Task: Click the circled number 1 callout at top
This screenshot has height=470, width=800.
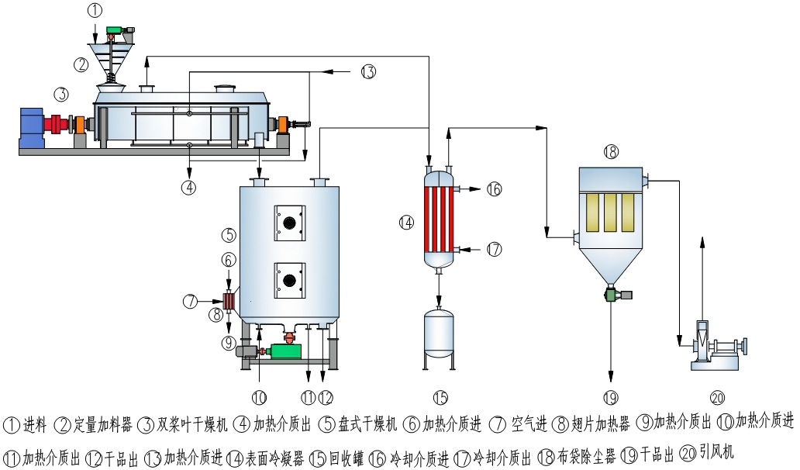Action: (x=95, y=11)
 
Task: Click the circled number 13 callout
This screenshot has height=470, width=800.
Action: (x=367, y=72)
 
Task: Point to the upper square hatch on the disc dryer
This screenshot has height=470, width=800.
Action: (x=290, y=223)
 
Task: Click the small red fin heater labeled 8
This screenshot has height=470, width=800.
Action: (x=230, y=300)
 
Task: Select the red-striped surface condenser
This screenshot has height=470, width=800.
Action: (x=440, y=218)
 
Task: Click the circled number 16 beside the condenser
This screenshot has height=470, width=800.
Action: (x=495, y=189)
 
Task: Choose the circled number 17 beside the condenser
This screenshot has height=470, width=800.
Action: (x=495, y=249)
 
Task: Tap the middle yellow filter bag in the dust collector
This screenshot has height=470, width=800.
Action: (x=611, y=212)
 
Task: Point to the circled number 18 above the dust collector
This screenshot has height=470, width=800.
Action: (x=611, y=152)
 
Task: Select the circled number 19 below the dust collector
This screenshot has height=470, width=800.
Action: (x=611, y=398)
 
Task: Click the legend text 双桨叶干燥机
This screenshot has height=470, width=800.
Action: (x=192, y=424)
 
